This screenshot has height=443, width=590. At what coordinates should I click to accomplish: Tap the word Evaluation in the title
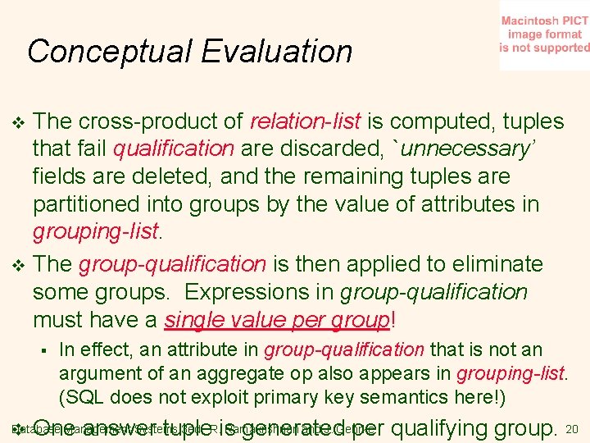(x=275, y=52)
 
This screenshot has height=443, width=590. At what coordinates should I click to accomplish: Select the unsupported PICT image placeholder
(x=544, y=35)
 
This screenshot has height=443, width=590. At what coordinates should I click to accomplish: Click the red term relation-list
(x=306, y=122)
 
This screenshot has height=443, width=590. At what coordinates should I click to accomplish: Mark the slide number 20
(x=572, y=429)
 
